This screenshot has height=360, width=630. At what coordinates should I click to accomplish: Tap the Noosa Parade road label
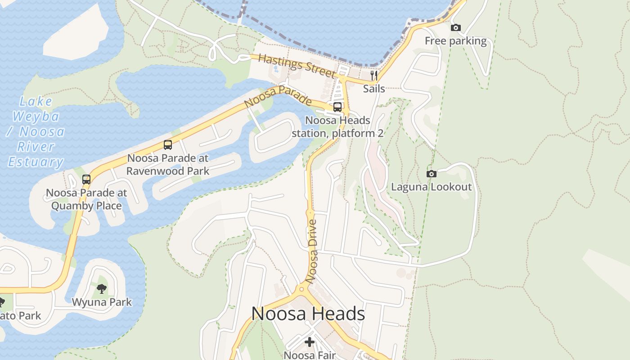[x=278, y=96]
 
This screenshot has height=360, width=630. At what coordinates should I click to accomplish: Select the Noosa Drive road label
[x=311, y=251]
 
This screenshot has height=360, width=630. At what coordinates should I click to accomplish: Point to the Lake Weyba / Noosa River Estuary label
[x=36, y=131]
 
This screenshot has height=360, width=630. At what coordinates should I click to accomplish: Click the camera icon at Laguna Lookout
[x=431, y=174]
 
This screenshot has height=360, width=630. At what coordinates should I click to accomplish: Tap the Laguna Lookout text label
[x=431, y=187]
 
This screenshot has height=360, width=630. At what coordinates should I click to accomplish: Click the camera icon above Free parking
[x=455, y=28]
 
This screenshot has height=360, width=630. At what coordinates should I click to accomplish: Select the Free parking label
[x=455, y=41]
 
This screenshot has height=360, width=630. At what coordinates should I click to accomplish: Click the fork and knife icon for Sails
[x=374, y=75]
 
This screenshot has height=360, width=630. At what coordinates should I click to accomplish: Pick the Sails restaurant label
[x=374, y=88]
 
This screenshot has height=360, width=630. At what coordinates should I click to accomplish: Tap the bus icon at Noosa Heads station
[x=337, y=107]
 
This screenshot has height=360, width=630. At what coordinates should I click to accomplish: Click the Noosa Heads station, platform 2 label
[x=337, y=127]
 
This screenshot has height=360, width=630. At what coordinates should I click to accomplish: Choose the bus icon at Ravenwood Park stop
[x=168, y=145]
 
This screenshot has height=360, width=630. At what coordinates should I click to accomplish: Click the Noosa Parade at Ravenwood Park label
[x=168, y=165]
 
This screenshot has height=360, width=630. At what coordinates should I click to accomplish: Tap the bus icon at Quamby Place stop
[x=86, y=180]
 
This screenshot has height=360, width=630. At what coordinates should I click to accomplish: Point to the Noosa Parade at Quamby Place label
[x=86, y=199]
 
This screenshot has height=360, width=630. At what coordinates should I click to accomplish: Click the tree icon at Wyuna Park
[x=102, y=289]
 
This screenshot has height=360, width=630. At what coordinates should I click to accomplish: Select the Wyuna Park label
[x=102, y=302]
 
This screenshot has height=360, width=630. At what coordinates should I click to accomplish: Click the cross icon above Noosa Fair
[x=310, y=342]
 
